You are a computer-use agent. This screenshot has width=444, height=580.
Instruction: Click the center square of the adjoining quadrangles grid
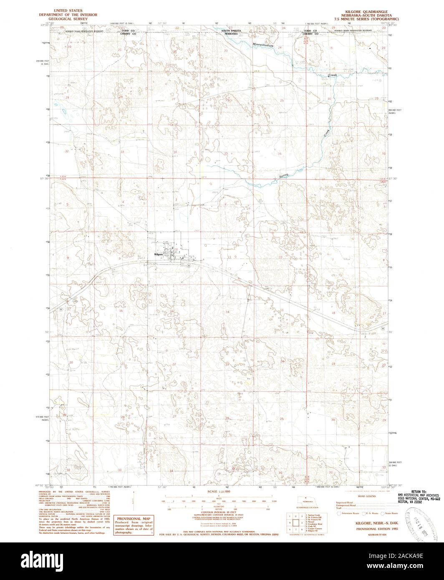point(295,522)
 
